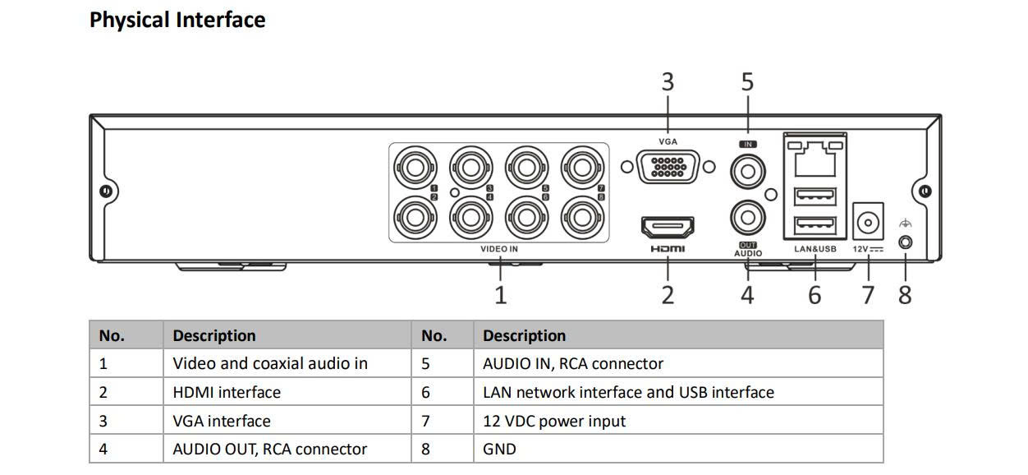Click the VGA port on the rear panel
pos(668,167)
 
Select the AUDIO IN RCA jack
pos(748,172)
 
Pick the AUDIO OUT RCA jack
pos(748,219)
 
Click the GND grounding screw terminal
pos(906,243)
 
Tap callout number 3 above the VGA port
pos(668,82)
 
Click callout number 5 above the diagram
pos(747,82)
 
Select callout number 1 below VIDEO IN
pos(500,294)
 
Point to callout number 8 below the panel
pos(905,294)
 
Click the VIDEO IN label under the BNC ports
pos(499,249)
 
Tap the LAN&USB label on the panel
pos(815,249)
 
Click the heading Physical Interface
pos(177,20)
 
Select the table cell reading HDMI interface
pos(227,392)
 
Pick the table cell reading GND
pos(499,449)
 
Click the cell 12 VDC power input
pos(554,421)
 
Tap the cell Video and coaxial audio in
pos(270,363)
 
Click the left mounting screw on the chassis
pos(105,191)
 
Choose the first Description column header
pos(214,335)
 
